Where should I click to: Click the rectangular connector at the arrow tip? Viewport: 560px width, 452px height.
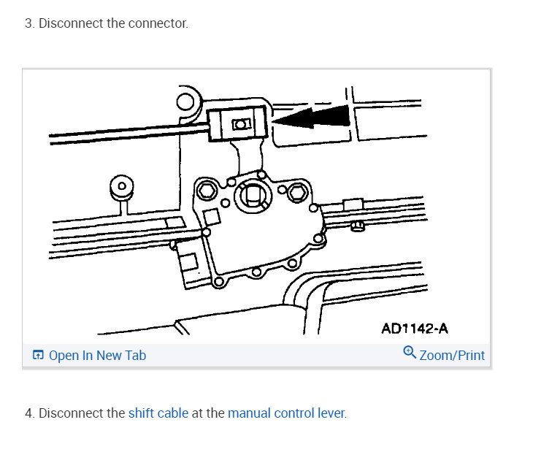coord(238,123)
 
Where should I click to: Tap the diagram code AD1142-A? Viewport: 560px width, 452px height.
coord(415,329)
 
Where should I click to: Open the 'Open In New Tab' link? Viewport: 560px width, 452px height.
coord(97,356)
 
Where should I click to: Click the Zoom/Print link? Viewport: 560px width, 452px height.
coord(452,356)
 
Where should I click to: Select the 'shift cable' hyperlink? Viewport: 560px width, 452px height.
coord(158,413)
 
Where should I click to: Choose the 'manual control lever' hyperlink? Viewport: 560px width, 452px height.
coord(285,413)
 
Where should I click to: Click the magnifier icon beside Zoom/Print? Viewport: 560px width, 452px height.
coord(410,353)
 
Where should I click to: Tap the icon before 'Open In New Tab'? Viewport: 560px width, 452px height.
coord(38,356)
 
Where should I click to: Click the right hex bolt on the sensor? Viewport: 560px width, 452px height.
coord(295,193)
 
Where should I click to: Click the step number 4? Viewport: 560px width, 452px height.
coord(28,413)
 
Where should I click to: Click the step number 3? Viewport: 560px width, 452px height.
coord(28,23)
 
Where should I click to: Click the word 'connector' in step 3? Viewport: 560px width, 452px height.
coord(158,23)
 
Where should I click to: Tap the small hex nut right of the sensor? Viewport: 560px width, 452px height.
coord(358,226)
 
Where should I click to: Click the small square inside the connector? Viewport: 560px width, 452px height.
coord(239,124)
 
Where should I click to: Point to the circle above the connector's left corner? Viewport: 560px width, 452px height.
coord(186,101)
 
